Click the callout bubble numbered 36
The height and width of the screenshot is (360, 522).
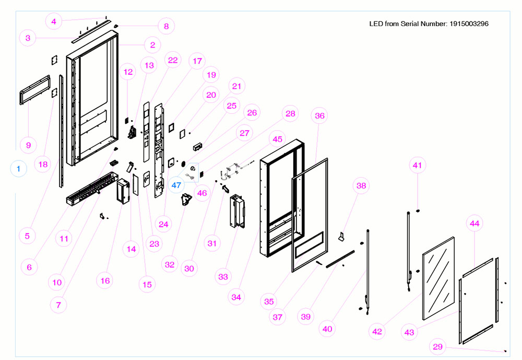coord(320,116)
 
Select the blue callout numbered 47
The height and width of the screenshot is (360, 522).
coord(176,185)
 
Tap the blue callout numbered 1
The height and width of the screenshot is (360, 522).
coord(19,169)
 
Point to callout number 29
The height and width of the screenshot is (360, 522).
coord(439,346)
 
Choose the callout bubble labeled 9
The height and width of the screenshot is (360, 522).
coord(29,145)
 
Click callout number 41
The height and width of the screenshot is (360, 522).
coord(417,166)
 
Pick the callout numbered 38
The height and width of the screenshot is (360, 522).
coord(361,185)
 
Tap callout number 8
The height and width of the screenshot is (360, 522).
coord(166,26)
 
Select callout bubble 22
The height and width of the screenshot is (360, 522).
coord(172,60)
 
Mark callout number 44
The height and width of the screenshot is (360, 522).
coord(474,224)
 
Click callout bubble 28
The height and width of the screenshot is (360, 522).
coord(290,113)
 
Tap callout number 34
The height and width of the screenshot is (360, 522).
coord(236,297)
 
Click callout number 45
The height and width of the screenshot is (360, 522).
coord(277,139)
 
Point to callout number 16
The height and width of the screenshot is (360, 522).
coord(105,281)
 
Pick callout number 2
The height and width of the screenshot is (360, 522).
coord(152,45)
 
